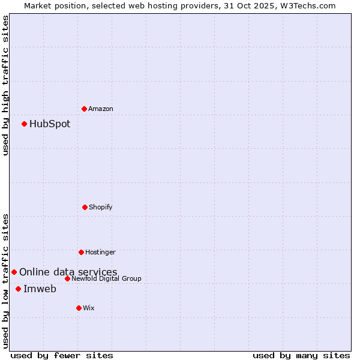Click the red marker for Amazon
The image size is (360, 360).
84,109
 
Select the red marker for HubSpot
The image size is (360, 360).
24,124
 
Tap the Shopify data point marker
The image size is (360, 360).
85,207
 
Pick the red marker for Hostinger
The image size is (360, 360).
81,252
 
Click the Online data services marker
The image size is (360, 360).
14,272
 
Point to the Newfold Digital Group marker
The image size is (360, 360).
67,278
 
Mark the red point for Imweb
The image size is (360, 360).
18,289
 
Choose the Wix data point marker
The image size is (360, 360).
79,308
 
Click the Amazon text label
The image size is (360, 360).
101,109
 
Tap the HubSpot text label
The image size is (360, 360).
50,124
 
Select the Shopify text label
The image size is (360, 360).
101,207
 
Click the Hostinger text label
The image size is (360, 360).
100,252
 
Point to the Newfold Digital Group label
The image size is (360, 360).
107,278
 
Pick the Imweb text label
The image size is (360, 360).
40,289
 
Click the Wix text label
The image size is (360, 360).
89,308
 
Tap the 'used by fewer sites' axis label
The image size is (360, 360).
62,355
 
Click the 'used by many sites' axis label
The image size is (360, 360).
301,355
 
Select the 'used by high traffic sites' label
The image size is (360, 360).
5,85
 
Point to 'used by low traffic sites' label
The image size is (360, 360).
5,281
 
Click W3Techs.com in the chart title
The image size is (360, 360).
306,5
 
